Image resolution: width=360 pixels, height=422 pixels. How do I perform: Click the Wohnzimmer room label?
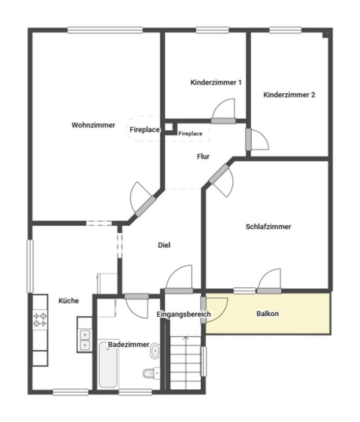94,125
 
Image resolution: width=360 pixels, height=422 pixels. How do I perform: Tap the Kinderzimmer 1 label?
216,82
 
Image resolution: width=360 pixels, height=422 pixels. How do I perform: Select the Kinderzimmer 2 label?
289,95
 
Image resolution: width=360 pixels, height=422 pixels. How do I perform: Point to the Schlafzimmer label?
268,227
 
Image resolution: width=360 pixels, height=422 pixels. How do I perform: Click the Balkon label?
267,314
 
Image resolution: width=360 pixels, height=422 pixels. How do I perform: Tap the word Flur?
203,157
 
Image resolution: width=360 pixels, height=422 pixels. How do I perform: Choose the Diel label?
164,245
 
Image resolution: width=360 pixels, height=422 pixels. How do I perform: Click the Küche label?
69,300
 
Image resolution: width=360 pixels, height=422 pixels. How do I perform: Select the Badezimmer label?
129,345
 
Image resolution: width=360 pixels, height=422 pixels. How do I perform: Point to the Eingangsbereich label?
184,314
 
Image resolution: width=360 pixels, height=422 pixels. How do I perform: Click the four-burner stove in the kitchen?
40,319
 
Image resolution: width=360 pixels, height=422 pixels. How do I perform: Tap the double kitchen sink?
85,340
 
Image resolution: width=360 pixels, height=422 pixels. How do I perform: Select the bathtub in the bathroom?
108,365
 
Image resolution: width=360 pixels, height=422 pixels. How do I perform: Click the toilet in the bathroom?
151,373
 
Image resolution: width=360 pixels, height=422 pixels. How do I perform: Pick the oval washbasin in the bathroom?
155,351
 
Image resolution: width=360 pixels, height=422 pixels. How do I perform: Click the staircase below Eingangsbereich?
186,362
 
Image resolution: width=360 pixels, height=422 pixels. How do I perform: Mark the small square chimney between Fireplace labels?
169,127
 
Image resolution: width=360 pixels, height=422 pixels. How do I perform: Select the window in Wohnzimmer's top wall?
105,30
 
